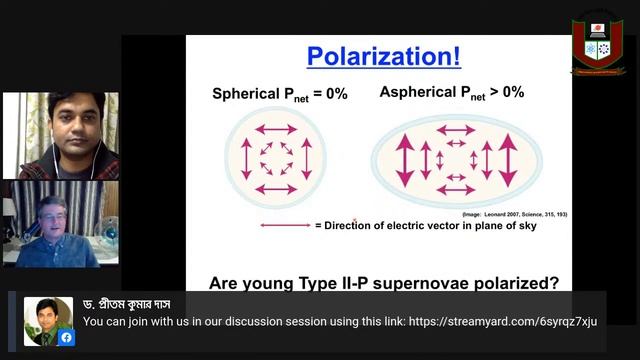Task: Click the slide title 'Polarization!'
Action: point(383,55)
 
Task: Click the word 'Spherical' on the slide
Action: point(246,94)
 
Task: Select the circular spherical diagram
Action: point(275,159)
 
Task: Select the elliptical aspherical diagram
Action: point(456,159)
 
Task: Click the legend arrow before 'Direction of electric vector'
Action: point(285,225)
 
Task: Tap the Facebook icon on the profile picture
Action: point(66,337)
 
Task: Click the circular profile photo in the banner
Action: point(48,320)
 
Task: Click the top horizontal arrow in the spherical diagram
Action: point(275,129)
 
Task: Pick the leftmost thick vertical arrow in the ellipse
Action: point(405,159)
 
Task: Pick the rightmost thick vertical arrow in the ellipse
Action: point(508,159)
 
